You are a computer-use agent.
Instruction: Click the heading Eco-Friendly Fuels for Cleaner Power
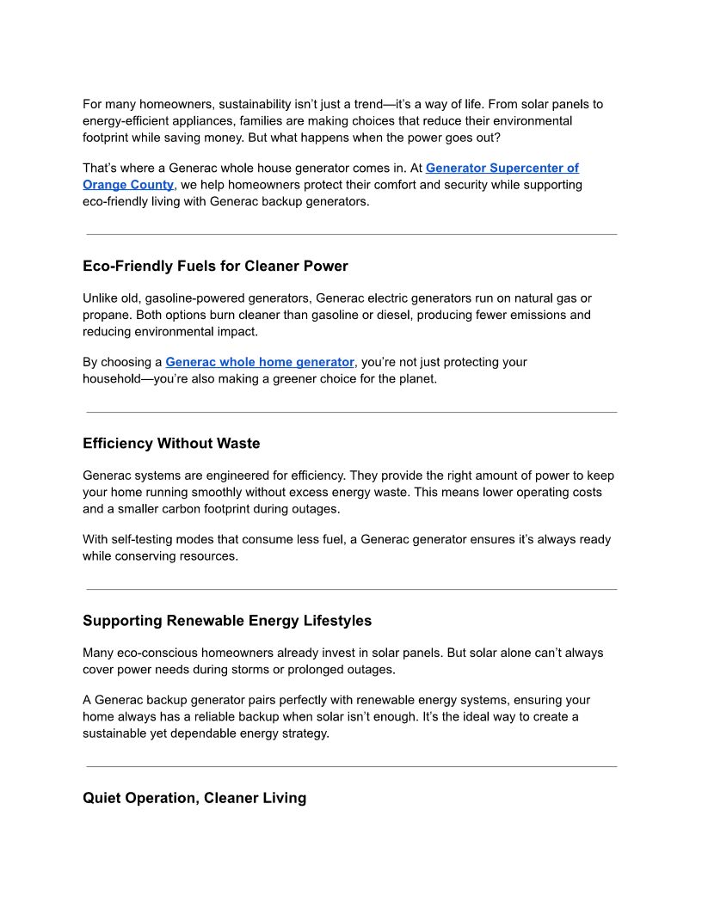pyautogui.click(x=215, y=267)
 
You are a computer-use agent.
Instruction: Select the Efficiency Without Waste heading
pyautogui.click(x=171, y=444)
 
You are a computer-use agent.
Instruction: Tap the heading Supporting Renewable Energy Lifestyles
pyautogui.click(x=227, y=621)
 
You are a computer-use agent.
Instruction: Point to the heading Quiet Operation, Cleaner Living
pyautogui.click(x=194, y=798)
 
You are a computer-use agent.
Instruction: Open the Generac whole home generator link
pyautogui.click(x=260, y=362)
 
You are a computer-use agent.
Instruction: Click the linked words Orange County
pyautogui.click(x=128, y=185)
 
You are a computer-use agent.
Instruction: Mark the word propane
pyautogui.click(x=107, y=315)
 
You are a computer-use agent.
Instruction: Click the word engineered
pyautogui.click(x=239, y=475)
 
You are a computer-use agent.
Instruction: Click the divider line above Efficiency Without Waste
pyautogui.click(x=351, y=413)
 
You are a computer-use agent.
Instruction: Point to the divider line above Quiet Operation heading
pyautogui.click(x=351, y=766)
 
